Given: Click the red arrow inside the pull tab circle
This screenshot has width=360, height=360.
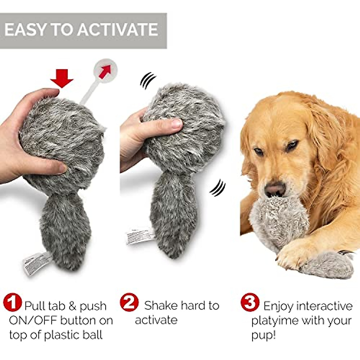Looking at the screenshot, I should [105, 72].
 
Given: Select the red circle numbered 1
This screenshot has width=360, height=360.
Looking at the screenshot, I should [12, 303].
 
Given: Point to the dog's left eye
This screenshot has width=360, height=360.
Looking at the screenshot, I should [291, 146].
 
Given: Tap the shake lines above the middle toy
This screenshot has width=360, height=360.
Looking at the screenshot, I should [148, 80].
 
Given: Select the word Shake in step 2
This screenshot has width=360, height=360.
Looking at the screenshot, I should [161, 306].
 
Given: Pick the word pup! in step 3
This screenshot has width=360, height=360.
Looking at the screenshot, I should [263, 335].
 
